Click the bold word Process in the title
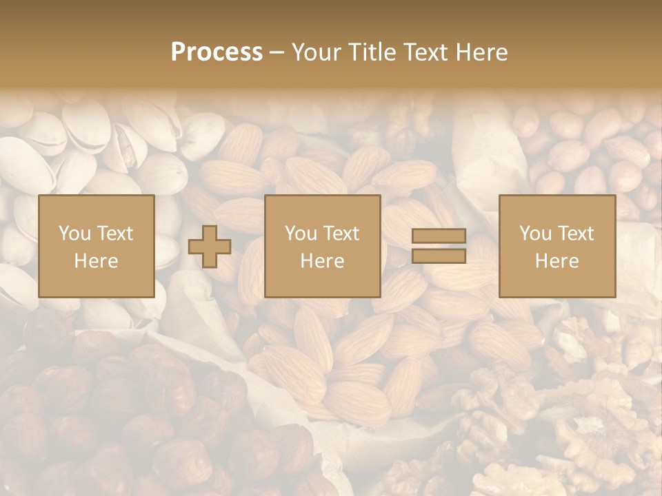217,52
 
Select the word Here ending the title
481,52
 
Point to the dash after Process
277,53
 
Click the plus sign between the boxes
210,246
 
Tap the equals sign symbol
439,246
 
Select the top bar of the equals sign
439,236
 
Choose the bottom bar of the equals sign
439,256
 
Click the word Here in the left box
97,261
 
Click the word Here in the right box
556,261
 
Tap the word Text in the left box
114,234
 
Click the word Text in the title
425,52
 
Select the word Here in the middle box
322,261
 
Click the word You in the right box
534,234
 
